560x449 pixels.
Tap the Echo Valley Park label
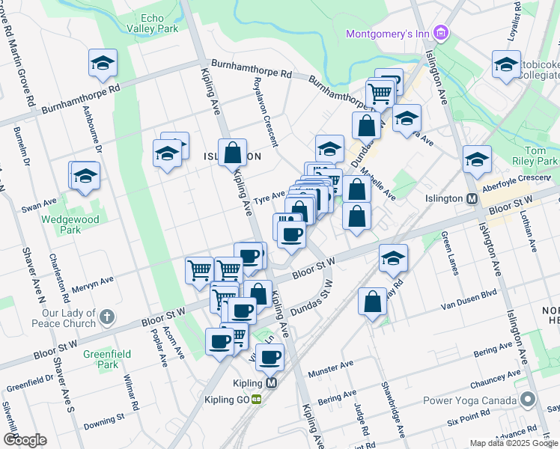(x=159, y=22)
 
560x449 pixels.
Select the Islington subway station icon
(x=472, y=199)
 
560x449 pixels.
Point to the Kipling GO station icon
(x=256, y=400)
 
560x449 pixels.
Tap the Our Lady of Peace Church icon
(x=107, y=317)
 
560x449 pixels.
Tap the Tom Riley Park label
(x=542, y=155)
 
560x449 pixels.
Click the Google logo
(x=25, y=440)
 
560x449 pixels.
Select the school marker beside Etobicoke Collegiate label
(x=506, y=64)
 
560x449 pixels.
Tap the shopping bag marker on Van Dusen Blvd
(x=372, y=302)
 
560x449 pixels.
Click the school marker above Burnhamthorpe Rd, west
(x=103, y=63)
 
